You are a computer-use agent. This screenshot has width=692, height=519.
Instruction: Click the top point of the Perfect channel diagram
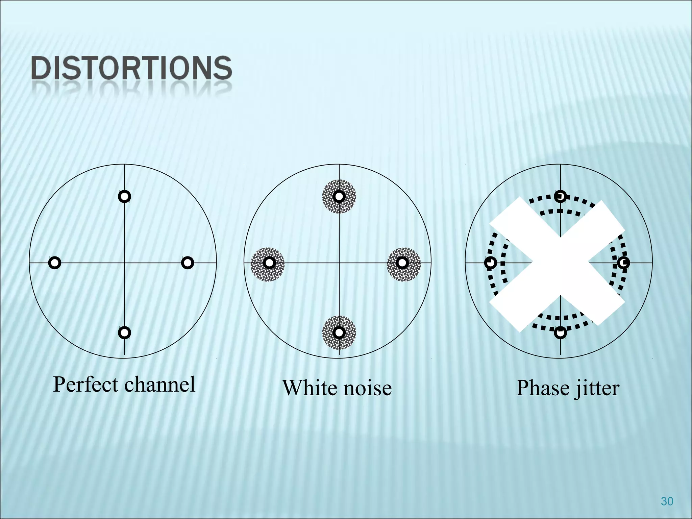(x=125, y=196)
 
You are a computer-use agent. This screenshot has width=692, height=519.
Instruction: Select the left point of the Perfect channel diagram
(x=55, y=263)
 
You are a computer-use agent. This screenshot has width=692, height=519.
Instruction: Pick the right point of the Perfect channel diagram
(x=188, y=263)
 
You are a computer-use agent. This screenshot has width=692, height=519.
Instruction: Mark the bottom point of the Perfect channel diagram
(x=125, y=333)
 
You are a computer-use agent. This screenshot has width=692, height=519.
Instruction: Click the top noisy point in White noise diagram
(x=339, y=196)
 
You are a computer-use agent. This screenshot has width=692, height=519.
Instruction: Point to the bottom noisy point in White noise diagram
(x=339, y=333)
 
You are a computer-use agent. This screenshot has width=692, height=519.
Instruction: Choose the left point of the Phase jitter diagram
(x=491, y=263)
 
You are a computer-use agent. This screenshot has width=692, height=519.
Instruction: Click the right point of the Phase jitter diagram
(x=624, y=263)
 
